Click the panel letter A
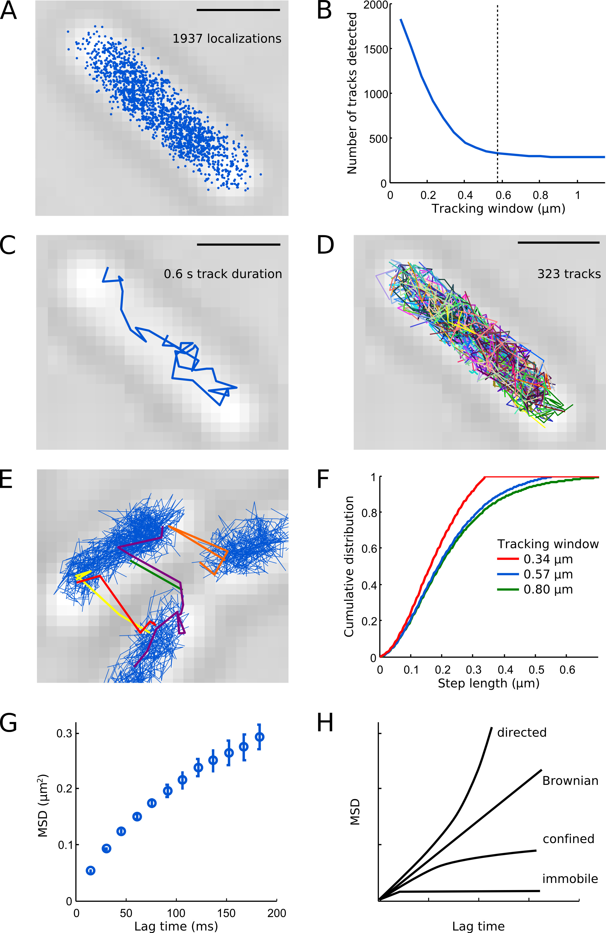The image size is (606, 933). click(9, 12)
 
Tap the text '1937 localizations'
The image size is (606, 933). click(227, 39)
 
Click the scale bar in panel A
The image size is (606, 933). click(238, 10)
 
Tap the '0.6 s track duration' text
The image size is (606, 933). click(223, 274)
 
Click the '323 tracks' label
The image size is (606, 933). click(569, 274)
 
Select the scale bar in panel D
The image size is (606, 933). click(559, 243)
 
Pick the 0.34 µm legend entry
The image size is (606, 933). click(535, 559)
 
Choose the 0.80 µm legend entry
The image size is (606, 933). click(535, 589)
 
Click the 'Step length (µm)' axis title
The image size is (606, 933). click(488, 683)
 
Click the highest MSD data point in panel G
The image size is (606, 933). click(259, 737)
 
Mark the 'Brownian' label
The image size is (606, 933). click(570, 781)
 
